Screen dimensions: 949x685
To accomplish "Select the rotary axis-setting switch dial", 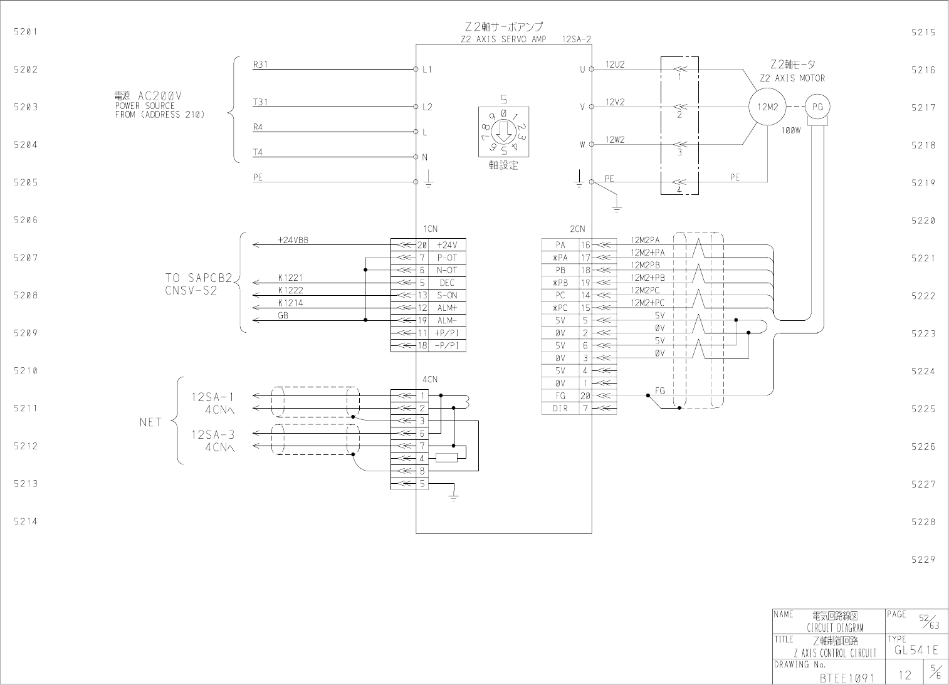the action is (503, 132).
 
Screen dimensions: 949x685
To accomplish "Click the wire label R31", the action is (260, 65).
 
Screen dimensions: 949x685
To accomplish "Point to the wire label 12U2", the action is (615, 65).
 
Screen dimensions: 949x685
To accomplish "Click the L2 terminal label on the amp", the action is (427, 107).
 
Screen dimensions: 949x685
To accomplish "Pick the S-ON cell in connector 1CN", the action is (447, 295).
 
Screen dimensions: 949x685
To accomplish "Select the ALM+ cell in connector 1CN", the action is (447, 308).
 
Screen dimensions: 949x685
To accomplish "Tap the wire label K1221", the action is (290, 278).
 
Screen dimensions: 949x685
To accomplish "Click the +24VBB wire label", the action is (293, 240).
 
